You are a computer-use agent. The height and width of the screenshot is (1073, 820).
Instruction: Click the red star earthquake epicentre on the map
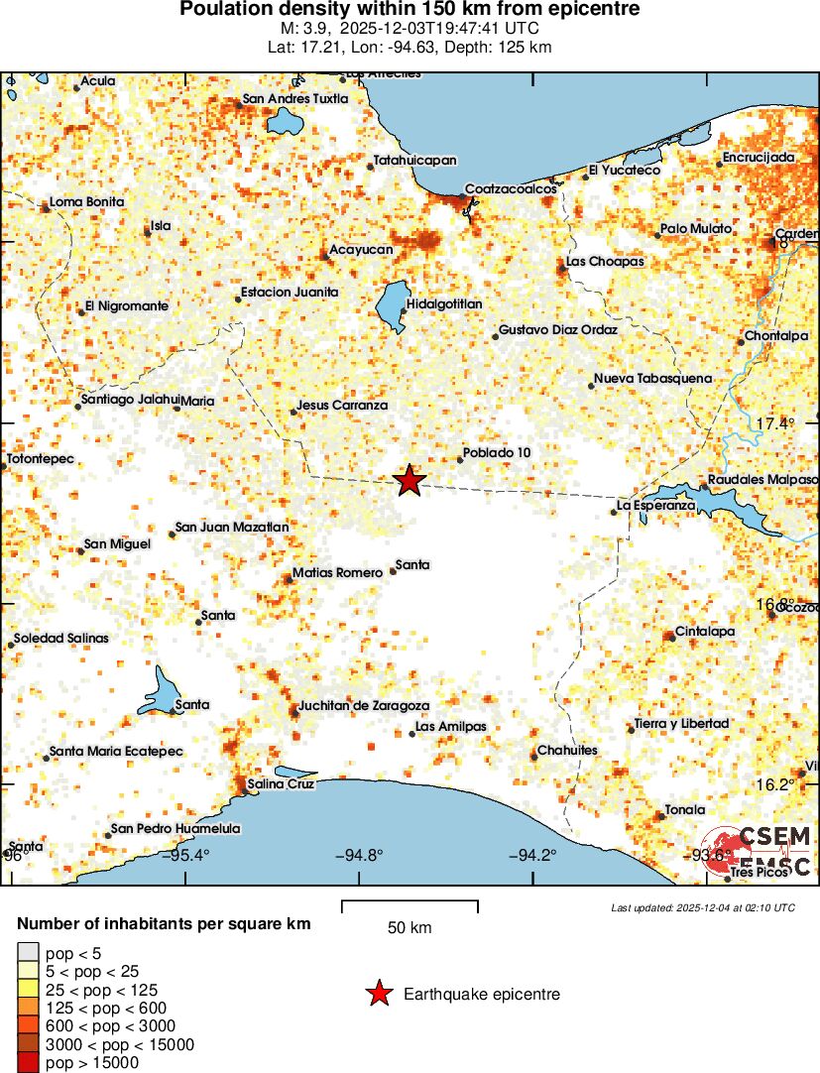coord(409,481)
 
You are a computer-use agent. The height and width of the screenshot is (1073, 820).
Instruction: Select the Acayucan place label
coord(361,250)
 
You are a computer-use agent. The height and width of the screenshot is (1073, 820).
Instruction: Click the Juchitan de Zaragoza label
coord(364,705)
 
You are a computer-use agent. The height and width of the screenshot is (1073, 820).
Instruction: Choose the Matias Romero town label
coord(337,573)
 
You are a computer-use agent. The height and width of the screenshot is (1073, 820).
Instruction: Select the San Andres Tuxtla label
coord(295,99)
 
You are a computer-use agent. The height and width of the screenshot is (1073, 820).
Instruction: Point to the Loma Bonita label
coord(87,202)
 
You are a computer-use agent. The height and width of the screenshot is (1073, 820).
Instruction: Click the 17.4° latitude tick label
coord(775,424)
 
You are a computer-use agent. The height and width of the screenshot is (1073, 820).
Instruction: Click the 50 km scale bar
coord(410,904)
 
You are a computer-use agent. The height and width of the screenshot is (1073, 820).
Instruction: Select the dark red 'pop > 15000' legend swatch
coord(28,1063)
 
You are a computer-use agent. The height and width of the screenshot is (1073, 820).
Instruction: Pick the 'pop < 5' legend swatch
coord(28,953)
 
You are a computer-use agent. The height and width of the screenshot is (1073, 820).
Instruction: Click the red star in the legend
coord(378,994)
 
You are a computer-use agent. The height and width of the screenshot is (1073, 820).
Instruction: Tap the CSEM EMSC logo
coord(759,851)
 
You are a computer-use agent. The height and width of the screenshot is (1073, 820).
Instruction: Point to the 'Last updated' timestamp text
coord(702,907)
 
